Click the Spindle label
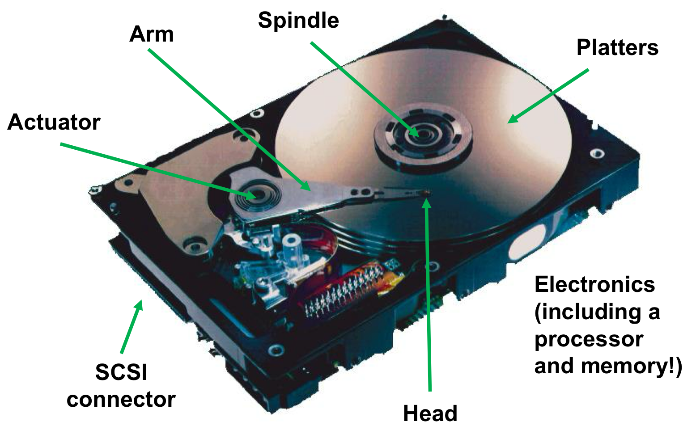tap(298, 21)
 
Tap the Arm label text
tap(152, 34)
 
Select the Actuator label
tap(54, 122)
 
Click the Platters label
tap(617, 47)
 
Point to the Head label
tap(430, 413)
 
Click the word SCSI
tap(121, 372)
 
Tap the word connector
tap(121, 399)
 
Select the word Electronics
tap(594, 284)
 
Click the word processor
tap(589, 339)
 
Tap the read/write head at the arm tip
tap(425, 193)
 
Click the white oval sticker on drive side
tap(528, 242)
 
